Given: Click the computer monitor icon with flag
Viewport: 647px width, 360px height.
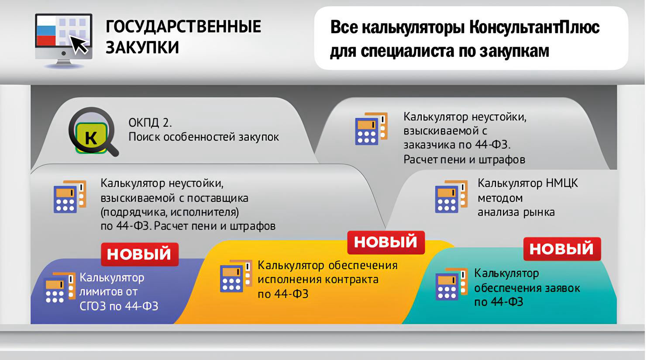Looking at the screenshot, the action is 64,41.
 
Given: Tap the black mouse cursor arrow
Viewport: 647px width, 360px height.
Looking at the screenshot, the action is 79,44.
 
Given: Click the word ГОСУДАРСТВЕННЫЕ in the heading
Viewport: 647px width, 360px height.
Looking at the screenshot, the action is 183,26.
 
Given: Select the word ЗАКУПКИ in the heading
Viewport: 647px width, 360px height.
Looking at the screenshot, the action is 142,47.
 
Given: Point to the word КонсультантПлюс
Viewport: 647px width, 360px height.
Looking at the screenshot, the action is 534,27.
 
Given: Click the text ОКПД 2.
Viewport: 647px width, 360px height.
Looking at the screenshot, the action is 150,123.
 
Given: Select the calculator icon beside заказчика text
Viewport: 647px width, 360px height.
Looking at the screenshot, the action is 371,128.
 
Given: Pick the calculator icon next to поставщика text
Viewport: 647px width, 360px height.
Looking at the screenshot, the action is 70,197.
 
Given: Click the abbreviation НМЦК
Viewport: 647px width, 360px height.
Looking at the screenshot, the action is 562,183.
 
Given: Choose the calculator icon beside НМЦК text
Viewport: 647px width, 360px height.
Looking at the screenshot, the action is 451,196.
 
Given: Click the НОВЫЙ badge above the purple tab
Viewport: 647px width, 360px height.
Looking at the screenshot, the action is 140,254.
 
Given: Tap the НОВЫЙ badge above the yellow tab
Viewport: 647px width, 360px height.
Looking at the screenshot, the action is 386,242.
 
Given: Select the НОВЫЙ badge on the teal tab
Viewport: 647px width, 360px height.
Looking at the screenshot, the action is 562,249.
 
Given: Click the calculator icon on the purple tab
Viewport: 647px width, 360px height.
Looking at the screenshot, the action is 60,287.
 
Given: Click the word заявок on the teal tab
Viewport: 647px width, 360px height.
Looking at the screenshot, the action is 562,288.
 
